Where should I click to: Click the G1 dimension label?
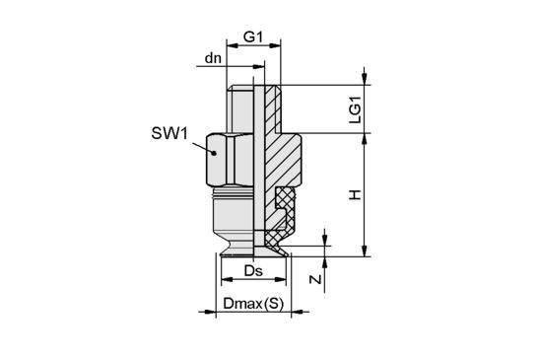(253, 36)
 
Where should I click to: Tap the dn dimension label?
(213, 58)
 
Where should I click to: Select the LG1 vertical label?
(356, 109)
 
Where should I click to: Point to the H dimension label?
(355, 195)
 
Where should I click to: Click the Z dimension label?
(315, 279)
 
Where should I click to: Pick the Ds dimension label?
(253, 271)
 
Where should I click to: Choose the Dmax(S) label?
(253, 304)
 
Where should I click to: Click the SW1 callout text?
(169, 133)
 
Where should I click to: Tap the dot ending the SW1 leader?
(214, 153)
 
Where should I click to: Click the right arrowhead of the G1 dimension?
(275, 45)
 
